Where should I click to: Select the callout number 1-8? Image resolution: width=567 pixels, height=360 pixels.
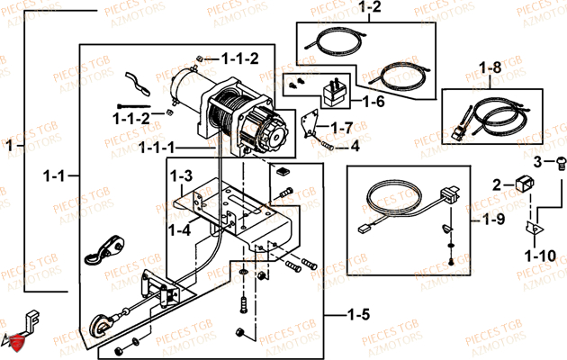coord(490,67)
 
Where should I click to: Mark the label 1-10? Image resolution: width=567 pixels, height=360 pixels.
coord(539,256)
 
